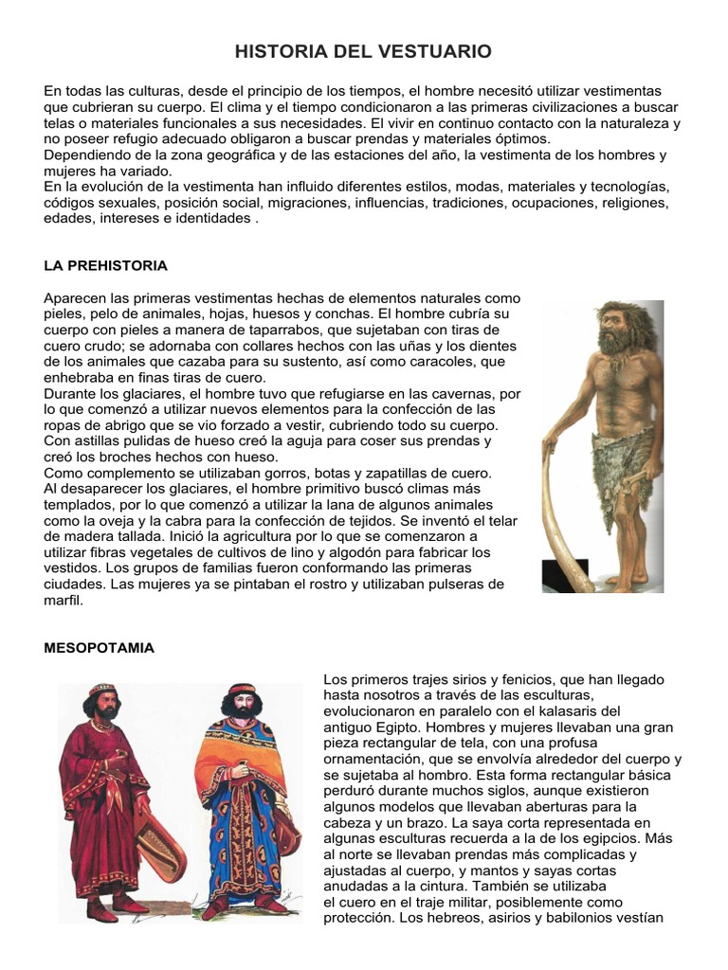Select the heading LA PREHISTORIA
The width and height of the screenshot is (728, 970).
(105, 265)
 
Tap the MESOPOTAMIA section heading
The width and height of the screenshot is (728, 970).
(99, 649)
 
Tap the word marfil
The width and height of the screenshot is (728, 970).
(64, 601)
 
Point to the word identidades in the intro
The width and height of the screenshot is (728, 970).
(212, 218)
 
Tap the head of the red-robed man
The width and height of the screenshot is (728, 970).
(100, 701)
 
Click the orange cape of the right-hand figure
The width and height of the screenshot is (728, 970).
(218, 777)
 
